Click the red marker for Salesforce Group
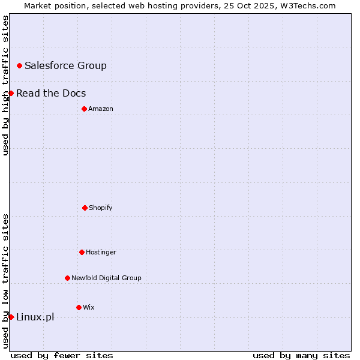(19, 65)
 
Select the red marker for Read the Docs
(11, 93)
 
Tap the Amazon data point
(84, 109)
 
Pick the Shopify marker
(85, 208)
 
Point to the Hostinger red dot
(82, 252)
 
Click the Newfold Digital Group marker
(67, 278)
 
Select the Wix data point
(79, 307)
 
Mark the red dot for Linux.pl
(11, 317)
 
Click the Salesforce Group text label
(65, 65)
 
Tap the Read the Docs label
(51, 93)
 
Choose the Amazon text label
(101, 109)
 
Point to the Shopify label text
(101, 208)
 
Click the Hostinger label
(101, 252)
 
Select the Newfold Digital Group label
(106, 278)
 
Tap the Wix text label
(89, 307)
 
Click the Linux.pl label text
(35, 317)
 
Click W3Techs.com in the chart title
(306, 5)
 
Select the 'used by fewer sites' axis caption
(62, 355)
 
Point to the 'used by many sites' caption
(301, 355)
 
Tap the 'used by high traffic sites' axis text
(5, 85)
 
